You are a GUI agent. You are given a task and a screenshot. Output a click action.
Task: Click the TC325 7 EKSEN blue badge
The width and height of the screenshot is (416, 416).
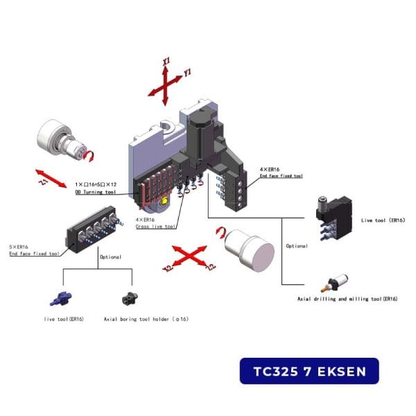[309, 371]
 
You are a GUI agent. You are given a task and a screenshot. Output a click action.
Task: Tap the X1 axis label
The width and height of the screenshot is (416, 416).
[166, 62]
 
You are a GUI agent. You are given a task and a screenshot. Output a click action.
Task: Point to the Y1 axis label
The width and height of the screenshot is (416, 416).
[188, 72]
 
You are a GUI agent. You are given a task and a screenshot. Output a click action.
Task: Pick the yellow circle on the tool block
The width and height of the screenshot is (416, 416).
[164, 202]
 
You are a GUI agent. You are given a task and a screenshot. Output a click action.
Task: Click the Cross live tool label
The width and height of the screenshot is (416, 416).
[156, 227]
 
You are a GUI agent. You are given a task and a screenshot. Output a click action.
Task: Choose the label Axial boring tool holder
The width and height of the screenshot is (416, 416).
[146, 319]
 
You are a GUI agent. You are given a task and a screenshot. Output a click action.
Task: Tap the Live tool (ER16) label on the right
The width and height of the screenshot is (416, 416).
[383, 220]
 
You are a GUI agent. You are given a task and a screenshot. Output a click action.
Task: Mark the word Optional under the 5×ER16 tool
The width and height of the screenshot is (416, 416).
[110, 257]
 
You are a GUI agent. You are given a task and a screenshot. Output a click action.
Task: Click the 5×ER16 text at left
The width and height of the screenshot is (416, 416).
[19, 247]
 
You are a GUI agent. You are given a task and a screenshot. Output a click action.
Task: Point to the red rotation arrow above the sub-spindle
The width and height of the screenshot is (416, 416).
[221, 232]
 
